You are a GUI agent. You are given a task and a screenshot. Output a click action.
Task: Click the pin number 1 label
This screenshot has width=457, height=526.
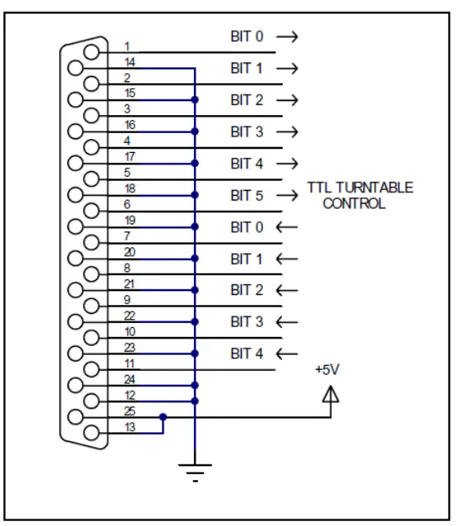[127, 46]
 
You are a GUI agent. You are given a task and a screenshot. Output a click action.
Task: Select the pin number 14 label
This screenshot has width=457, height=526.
[130, 62]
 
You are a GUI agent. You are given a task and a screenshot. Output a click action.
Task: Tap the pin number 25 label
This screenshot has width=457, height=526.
[130, 409]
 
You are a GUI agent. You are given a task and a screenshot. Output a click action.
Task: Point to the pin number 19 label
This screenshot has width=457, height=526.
[130, 220]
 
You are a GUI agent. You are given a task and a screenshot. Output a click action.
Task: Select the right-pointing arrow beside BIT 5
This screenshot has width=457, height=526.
[287, 196]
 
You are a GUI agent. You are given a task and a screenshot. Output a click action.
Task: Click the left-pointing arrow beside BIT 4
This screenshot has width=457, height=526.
[287, 354]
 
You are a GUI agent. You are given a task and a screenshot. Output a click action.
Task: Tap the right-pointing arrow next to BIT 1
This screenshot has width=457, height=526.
[287, 69]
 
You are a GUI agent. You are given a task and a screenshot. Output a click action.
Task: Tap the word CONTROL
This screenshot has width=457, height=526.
[353, 203]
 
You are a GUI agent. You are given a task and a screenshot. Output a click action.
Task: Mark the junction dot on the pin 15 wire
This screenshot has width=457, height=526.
[195, 99]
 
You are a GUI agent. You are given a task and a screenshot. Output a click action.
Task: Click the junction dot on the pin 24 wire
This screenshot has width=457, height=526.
[195, 385]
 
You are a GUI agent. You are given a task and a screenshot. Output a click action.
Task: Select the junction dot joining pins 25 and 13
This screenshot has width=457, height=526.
[164, 416]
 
